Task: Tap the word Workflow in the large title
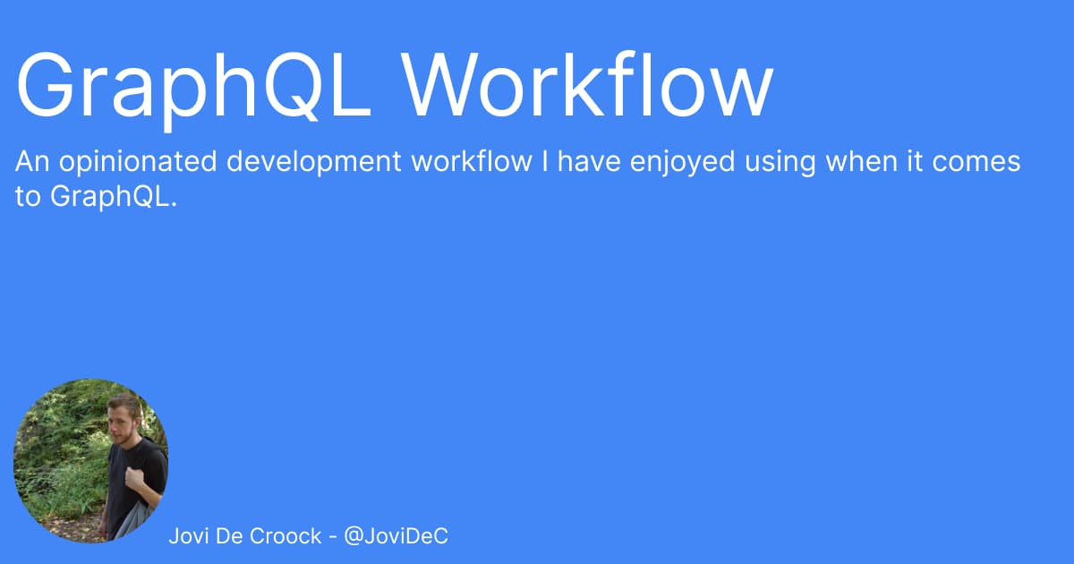(x=587, y=84)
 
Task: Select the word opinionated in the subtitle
(x=138, y=162)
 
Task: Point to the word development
(x=313, y=162)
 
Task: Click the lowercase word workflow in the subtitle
(x=472, y=161)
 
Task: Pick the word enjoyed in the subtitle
(x=682, y=162)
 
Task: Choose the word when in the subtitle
(x=862, y=161)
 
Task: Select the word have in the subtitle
(x=589, y=161)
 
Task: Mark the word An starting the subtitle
(x=32, y=162)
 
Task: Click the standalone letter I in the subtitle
(x=545, y=162)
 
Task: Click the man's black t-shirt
(x=135, y=480)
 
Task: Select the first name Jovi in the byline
(x=189, y=535)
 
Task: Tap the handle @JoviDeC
(x=396, y=536)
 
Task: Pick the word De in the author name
(x=228, y=535)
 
